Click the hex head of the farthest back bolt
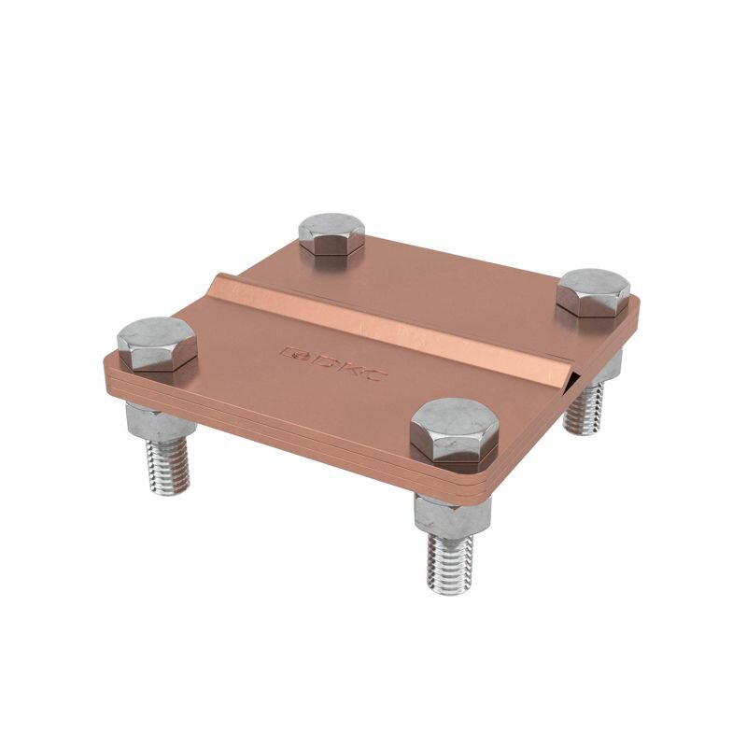pyautogui.click(x=331, y=234)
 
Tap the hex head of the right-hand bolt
pyautogui.click(x=593, y=293)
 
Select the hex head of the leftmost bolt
pyautogui.click(x=157, y=344)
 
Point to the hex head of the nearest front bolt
pyautogui.click(x=455, y=430)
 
